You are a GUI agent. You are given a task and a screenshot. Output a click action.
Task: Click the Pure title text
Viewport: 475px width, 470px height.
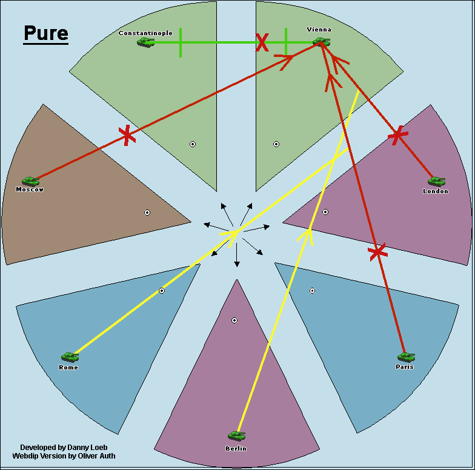coord(46,33)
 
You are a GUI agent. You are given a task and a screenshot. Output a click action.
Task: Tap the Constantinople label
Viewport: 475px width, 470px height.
coord(145,33)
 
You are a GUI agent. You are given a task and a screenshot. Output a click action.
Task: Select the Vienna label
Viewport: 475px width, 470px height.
coord(319,30)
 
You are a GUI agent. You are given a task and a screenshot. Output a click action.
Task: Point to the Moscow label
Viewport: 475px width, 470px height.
coord(30,190)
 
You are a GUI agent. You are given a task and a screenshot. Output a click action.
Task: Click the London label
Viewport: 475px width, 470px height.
coord(436,191)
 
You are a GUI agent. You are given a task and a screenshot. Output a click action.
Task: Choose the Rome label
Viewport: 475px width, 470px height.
coord(68,368)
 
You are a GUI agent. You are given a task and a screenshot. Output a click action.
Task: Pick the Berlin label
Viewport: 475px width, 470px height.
coord(236,449)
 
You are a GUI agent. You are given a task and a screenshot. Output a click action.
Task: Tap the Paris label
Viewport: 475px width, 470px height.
coord(404,367)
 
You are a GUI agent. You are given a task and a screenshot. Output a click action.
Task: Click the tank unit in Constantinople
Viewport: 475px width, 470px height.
coord(145,42)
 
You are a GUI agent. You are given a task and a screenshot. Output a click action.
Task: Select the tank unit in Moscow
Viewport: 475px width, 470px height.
coord(30,181)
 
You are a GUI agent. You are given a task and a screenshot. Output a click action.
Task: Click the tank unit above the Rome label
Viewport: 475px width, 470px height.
coord(70,357)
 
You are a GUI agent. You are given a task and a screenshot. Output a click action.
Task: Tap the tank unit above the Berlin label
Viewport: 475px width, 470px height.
coord(236,436)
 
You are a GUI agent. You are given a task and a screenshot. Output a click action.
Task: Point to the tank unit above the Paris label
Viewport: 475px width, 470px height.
coord(405,357)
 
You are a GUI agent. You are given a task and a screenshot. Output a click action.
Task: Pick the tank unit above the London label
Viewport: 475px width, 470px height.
coord(436,181)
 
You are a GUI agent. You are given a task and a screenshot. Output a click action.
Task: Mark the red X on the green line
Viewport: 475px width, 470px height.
coord(262,42)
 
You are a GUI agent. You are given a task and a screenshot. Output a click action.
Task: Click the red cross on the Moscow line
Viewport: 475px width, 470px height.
coord(126,135)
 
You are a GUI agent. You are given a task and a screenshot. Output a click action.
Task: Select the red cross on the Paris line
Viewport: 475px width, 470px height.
coord(377,251)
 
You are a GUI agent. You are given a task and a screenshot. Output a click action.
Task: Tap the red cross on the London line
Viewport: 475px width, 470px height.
coord(397,136)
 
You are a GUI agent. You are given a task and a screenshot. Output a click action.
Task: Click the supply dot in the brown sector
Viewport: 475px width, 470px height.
coord(147,213)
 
